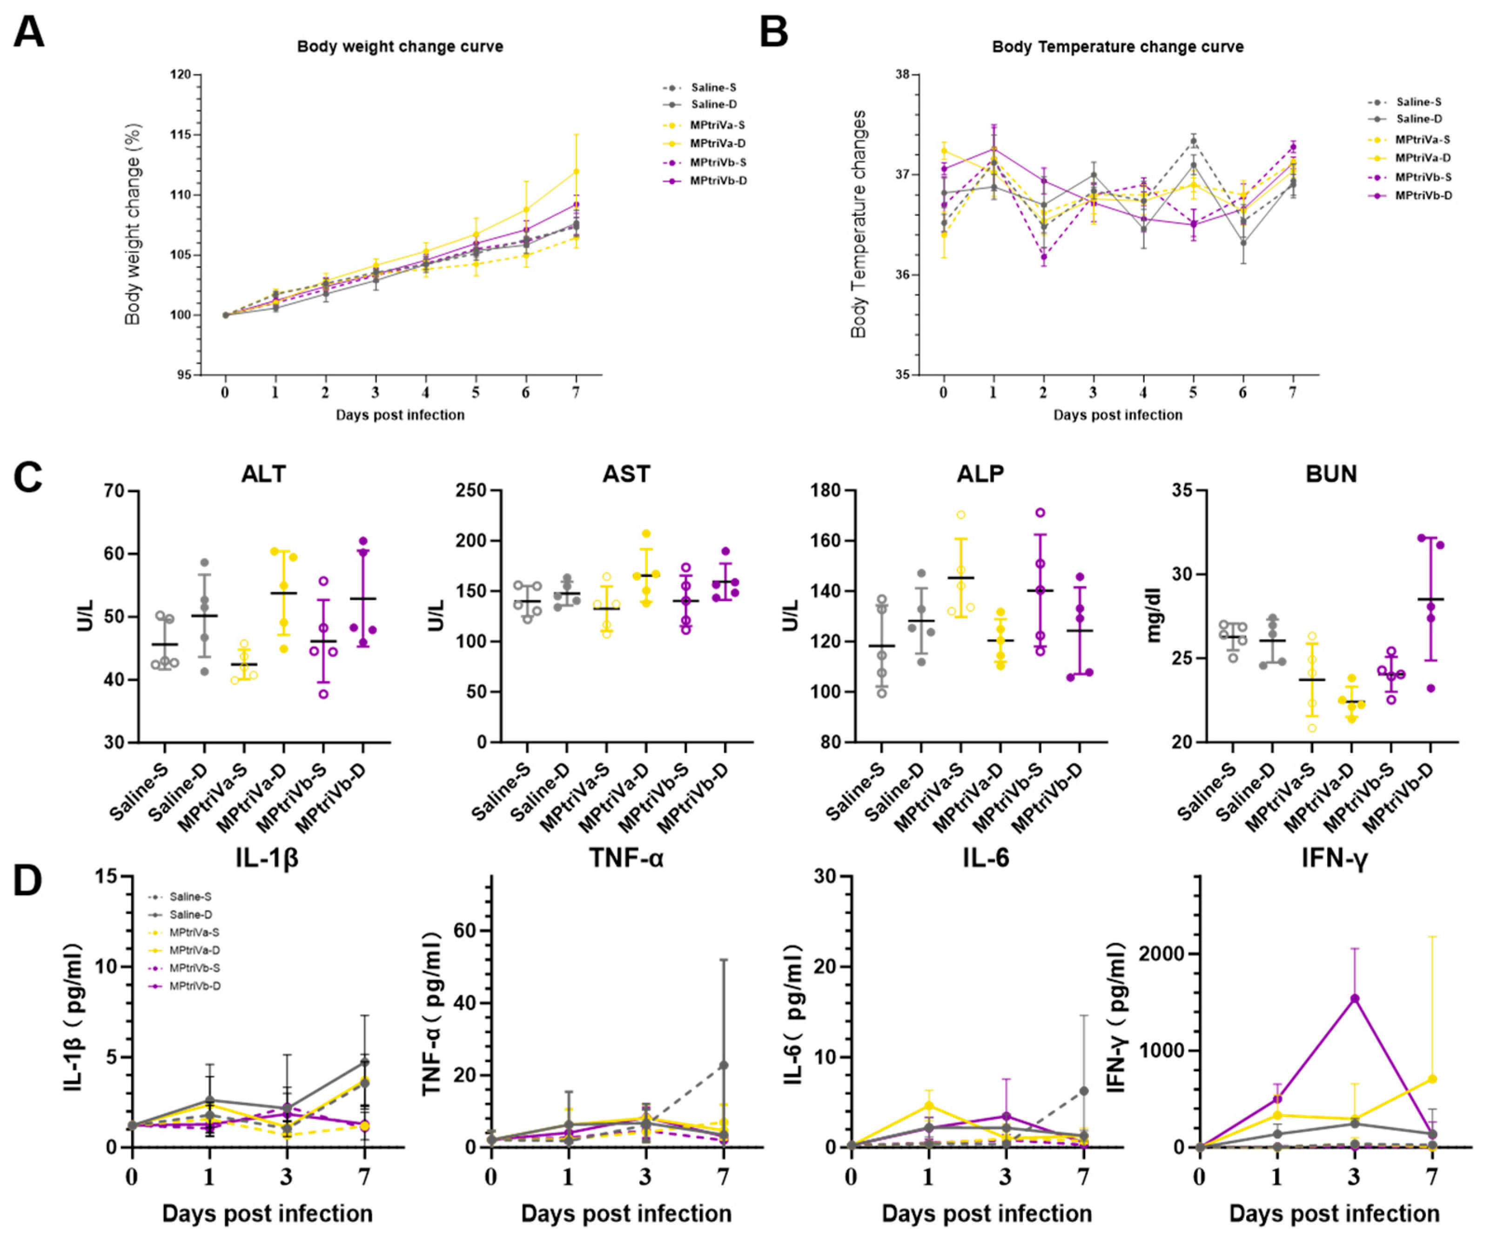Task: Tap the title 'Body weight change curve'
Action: point(400,47)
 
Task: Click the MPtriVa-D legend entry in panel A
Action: point(717,143)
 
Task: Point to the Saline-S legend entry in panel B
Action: point(1418,102)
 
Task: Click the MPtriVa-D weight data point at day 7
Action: point(576,171)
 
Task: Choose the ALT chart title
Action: point(263,474)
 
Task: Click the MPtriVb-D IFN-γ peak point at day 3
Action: point(1354,998)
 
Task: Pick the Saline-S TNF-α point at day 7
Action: point(723,1065)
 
